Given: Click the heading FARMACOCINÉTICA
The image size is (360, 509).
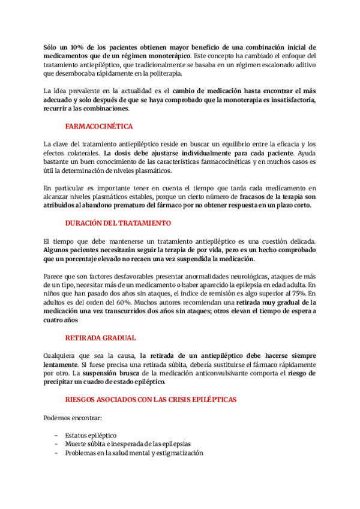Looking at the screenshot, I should pos(99,127).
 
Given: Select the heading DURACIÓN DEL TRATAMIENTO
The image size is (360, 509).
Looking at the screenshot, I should pos(118,223).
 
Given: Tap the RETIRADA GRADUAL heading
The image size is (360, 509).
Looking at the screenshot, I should pos(100,338).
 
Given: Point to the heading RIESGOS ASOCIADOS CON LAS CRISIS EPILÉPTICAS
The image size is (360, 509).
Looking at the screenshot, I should pos(151,399).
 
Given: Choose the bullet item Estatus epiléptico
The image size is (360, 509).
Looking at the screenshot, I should pos(91,435).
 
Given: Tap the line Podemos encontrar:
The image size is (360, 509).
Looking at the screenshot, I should pos(73,417).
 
